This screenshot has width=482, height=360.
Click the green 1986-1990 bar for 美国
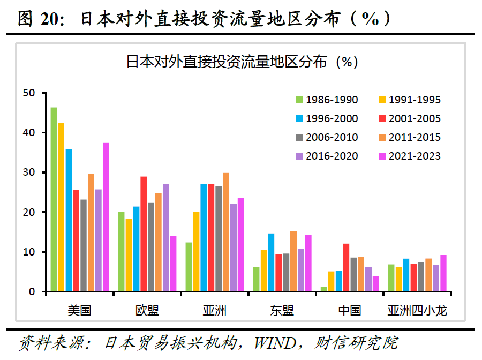54,200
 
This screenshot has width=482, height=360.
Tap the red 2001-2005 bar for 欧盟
144,234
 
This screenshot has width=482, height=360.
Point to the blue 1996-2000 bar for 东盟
271,262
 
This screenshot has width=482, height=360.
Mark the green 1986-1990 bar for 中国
323,289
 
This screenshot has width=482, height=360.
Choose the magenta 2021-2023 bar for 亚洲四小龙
443,273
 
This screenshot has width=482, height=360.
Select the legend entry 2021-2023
409,156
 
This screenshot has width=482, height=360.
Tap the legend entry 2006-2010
327,137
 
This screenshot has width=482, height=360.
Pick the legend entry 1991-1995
409,100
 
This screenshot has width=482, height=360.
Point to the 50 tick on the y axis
29,93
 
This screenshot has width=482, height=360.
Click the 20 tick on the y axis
29,212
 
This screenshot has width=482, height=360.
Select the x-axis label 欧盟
147,311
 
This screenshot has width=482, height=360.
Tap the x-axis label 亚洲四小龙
417,311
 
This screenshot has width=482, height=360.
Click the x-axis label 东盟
282,311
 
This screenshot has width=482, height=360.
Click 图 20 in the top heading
41,19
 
